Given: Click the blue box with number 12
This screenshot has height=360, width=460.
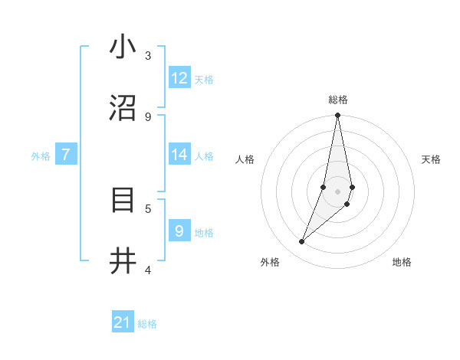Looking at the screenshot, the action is (x=179, y=78).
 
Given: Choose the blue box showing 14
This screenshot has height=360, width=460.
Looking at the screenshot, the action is (x=179, y=155).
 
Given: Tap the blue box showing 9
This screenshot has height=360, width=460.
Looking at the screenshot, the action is (x=179, y=231).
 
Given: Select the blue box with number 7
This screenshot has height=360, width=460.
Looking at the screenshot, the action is (x=66, y=155).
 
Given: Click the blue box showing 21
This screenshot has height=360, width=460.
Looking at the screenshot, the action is (x=123, y=322).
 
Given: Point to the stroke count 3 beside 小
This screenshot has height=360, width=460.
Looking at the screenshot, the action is (x=148, y=55).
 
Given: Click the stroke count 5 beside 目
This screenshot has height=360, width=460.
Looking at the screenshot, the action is (x=148, y=208).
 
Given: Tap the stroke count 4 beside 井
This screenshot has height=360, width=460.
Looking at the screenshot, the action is (x=148, y=270).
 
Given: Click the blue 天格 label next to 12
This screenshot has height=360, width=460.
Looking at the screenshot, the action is (x=203, y=80).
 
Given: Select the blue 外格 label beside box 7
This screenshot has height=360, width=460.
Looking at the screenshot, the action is (x=41, y=156).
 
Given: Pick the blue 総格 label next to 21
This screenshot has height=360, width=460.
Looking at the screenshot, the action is (x=147, y=324).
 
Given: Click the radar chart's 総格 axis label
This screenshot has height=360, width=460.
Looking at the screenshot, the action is (x=338, y=100).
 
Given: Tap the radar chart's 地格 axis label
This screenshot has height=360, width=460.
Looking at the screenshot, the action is (x=402, y=262).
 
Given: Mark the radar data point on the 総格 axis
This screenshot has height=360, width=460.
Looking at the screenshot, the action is (x=337, y=116).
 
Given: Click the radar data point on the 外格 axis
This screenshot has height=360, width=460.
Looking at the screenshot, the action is (x=302, y=241).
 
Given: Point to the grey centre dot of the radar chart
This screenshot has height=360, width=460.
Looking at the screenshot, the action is (x=337, y=191).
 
